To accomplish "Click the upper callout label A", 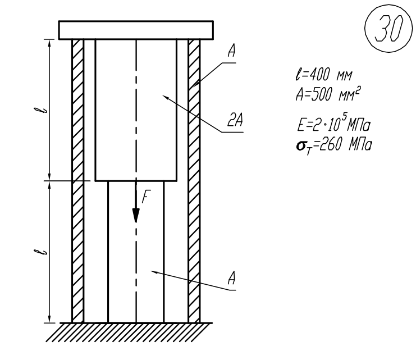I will [231, 52].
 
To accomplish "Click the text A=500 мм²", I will [322, 93].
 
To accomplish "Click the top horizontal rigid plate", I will [136, 29].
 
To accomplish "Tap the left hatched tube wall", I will [78, 180].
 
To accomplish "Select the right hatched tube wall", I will [194, 180].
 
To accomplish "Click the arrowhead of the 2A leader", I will [164, 97].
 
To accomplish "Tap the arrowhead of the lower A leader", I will [152, 271].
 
